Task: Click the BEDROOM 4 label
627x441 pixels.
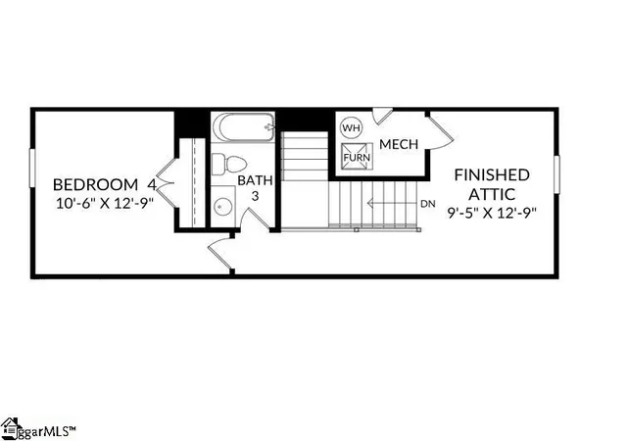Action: (x=105, y=185)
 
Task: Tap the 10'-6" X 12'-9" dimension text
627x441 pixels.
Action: (x=105, y=203)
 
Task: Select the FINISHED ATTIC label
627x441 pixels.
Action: (x=492, y=184)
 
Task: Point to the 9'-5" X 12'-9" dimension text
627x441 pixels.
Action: (x=492, y=213)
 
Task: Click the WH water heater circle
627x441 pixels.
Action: (x=351, y=128)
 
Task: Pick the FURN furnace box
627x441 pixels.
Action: (x=357, y=157)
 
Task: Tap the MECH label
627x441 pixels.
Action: (x=399, y=144)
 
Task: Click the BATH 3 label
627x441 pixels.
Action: (x=255, y=188)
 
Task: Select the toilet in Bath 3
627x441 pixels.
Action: (x=228, y=164)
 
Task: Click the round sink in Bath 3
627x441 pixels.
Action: (x=222, y=207)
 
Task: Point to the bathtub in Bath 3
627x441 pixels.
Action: (x=243, y=126)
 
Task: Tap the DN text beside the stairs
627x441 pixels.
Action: (x=428, y=204)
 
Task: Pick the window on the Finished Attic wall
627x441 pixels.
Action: (x=556, y=174)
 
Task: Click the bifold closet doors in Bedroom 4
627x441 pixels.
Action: (x=166, y=183)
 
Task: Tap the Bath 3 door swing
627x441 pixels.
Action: (x=256, y=220)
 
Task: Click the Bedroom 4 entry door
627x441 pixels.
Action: (x=219, y=253)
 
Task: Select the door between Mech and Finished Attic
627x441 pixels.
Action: (x=440, y=132)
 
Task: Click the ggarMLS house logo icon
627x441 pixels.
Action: (x=11, y=428)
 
